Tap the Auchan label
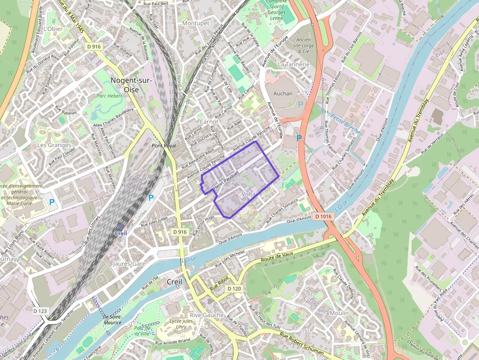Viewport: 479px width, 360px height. pos(283,93)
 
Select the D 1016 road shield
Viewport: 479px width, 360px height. pos(323,216)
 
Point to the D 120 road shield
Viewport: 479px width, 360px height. pos(234,289)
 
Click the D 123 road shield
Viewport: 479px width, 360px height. pos(41,311)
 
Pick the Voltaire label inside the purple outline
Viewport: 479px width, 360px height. pos(252,194)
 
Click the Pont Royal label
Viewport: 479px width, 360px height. pos(163,146)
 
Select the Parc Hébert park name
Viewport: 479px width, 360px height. pos(109,96)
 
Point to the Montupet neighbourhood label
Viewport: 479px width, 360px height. pos(196,23)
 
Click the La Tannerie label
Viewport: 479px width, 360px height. pos(294,64)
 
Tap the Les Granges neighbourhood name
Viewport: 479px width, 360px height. pos(54,145)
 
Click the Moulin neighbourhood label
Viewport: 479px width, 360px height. pos(339,313)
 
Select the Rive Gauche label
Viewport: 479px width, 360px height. pos(206,315)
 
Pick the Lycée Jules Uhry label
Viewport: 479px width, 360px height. pos(184,324)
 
